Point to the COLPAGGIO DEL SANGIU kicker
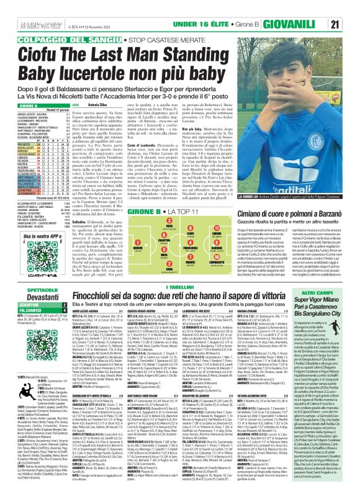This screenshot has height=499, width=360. [55, 38]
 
